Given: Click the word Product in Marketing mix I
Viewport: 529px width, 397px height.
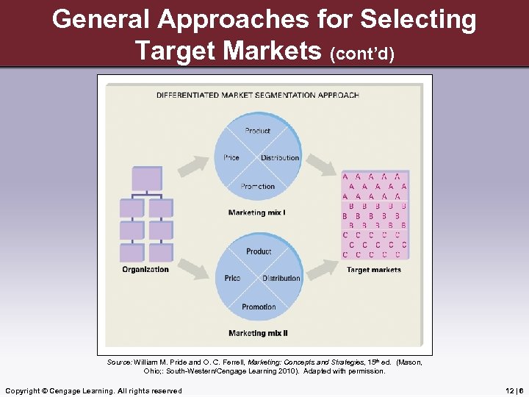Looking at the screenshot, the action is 258,131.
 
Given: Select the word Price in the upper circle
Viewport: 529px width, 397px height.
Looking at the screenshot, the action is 231,158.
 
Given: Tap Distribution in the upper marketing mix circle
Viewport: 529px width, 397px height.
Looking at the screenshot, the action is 280,158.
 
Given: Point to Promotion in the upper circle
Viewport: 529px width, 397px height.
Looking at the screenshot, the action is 258,187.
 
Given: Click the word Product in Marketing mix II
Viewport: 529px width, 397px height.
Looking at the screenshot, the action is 259,251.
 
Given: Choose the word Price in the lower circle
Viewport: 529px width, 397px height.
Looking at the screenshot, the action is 232,279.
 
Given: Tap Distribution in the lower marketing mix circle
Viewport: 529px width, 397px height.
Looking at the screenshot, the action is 281,279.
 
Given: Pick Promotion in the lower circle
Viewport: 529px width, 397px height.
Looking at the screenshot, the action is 259,307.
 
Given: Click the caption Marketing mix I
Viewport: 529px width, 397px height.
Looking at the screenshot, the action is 257,213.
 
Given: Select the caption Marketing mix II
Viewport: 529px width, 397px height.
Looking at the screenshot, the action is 258,334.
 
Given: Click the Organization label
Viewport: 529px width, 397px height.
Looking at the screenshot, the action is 145,270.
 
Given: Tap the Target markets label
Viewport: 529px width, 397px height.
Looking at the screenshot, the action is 374,270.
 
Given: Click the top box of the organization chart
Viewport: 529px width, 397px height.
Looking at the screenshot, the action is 146,179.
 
